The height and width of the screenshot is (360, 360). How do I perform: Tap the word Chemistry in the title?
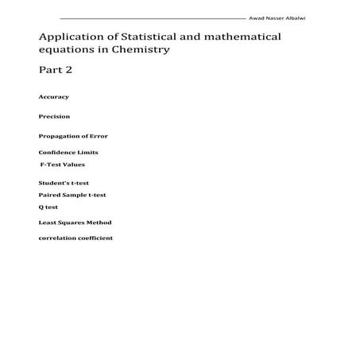coord(145,49)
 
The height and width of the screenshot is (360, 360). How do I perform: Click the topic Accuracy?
coord(53,97)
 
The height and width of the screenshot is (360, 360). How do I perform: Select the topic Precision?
coord(54,117)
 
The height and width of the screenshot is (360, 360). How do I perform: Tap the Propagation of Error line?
coord(73,136)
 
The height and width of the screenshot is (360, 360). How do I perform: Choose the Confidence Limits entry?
coord(68,152)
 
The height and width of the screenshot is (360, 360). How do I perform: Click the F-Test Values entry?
coord(63,165)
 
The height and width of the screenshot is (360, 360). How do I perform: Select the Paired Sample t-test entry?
coord(72,195)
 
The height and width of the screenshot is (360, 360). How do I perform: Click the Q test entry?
coord(48,207)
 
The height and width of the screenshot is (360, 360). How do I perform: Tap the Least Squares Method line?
coord(75,223)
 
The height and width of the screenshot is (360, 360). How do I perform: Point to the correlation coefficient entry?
coord(75,238)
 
